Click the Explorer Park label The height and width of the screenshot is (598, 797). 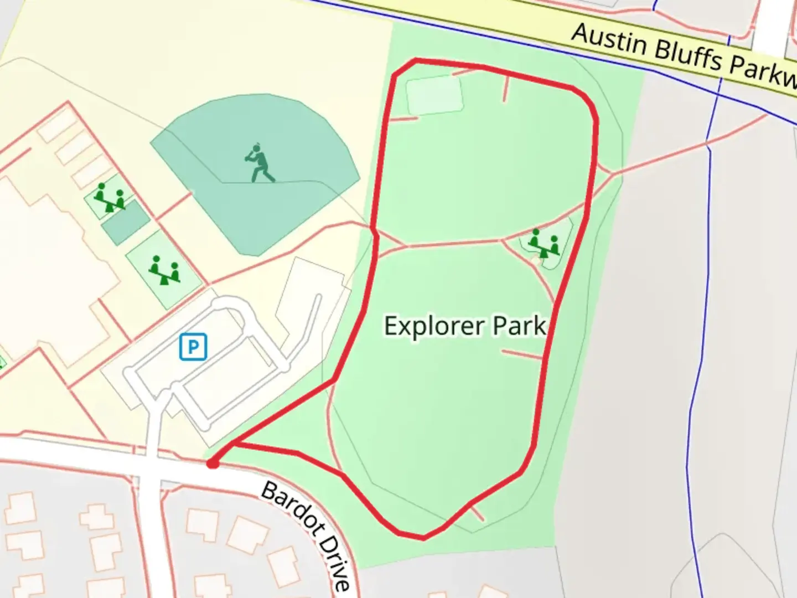click(x=465, y=326)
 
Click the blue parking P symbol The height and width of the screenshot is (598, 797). click(x=193, y=347)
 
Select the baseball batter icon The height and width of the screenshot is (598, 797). click(x=259, y=163)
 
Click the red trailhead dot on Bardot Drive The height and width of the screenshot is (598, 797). click(x=212, y=463)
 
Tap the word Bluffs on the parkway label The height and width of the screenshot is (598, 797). click(x=687, y=56)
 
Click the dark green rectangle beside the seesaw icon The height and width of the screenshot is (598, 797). click(x=126, y=222)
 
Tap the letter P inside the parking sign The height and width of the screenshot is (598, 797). click(x=193, y=347)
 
